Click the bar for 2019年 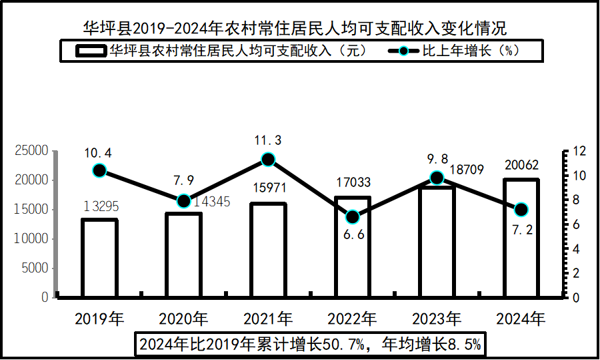click(x=99, y=257)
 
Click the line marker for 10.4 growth click(x=99, y=170)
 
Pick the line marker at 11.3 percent click(x=268, y=159)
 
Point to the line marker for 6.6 click(x=353, y=217)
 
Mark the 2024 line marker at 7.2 click(x=521, y=210)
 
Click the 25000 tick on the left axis click(x=31, y=151)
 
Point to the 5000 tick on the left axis click(x=35, y=268)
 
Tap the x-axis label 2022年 click(x=353, y=318)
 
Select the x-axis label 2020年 click(x=183, y=318)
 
